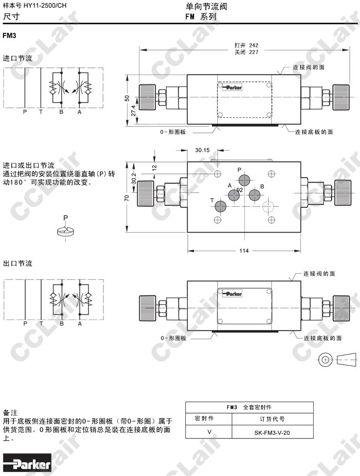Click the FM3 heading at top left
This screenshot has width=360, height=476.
(10, 36)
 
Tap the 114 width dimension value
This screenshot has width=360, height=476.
(244, 251)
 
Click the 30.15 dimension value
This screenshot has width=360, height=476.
(202, 150)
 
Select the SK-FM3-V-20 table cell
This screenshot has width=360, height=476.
(272, 433)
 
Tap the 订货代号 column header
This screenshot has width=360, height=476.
(272, 419)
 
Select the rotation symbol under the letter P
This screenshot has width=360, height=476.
(65, 232)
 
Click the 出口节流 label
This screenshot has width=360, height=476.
(17, 263)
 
